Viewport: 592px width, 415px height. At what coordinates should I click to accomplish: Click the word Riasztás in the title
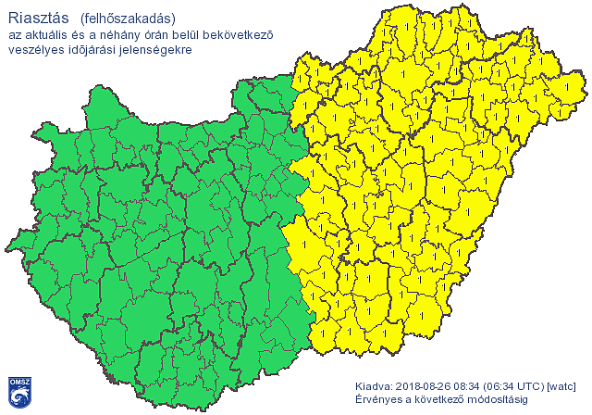[33, 17]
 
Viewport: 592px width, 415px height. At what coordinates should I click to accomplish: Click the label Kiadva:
[374, 386]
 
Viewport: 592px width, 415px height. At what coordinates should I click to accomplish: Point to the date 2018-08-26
[427, 386]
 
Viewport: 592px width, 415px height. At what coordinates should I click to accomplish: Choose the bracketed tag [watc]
[562, 386]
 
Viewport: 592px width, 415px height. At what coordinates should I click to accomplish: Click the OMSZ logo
[19, 392]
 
